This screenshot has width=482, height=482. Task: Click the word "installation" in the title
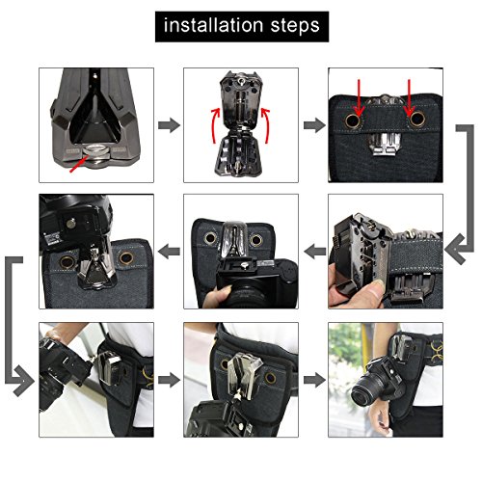click(x=214, y=25)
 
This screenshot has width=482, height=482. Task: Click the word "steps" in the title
click(x=295, y=26)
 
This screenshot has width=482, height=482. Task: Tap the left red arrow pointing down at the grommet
click(x=359, y=97)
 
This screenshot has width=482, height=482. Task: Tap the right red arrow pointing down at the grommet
click(x=409, y=97)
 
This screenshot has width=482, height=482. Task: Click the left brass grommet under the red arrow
click(x=353, y=120)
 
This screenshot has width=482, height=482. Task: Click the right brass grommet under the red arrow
click(x=416, y=119)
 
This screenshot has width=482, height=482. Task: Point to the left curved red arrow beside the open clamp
click(x=216, y=125)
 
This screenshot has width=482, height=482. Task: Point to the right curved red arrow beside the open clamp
click(x=266, y=125)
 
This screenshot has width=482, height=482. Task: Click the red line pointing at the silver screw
click(x=79, y=164)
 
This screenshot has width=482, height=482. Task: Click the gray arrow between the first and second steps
click(x=169, y=125)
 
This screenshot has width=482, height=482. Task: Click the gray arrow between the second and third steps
click(x=314, y=125)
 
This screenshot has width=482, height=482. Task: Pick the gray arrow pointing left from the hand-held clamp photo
click(x=315, y=252)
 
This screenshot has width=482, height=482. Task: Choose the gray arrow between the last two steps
click(x=314, y=380)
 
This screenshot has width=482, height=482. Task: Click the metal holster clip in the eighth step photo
click(x=243, y=375)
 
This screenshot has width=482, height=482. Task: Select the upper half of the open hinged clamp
click(x=241, y=98)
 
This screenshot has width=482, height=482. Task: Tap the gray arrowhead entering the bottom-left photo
click(x=24, y=381)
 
